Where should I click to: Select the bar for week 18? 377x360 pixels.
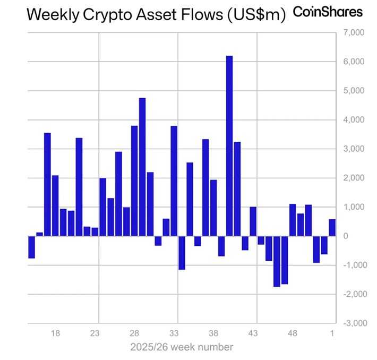point(55,205)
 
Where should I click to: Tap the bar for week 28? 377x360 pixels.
point(134,181)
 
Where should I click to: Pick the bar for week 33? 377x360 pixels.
point(174,181)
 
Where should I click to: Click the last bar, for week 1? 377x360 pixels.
point(332,227)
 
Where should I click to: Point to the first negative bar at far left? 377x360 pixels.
point(31,247)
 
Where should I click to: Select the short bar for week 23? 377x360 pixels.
point(95,232)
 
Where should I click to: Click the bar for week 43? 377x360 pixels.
point(253,221)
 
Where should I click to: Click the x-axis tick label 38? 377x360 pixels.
point(213,333)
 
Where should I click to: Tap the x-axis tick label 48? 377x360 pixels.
point(293,333)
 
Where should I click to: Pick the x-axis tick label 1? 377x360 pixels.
point(332,333)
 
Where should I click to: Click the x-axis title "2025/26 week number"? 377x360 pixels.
point(182,347)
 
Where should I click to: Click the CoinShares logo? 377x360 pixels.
point(328,12)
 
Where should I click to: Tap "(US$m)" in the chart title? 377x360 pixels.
point(256,15)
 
